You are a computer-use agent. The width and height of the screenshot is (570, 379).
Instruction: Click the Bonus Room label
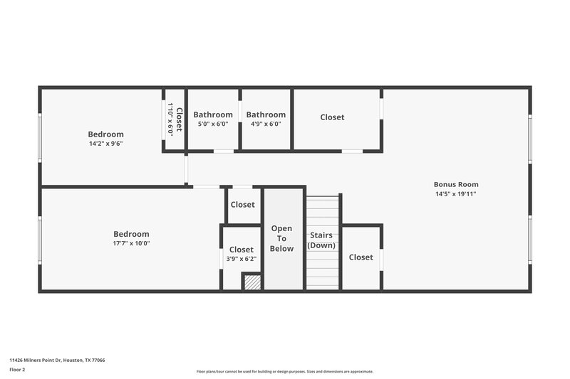point(456,184)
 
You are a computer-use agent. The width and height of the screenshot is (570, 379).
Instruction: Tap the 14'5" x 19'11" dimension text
point(456,193)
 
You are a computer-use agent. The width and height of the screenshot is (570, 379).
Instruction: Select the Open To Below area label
point(282,238)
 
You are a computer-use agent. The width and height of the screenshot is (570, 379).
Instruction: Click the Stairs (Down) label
point(321,240)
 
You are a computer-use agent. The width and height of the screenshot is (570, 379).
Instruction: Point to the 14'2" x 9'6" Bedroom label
point(105,134)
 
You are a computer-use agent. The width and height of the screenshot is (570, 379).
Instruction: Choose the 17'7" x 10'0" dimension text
point(131,243)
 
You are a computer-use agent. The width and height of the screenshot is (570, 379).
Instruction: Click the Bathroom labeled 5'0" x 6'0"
point(213,114)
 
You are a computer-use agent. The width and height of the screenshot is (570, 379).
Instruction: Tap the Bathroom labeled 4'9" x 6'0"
point(266,114)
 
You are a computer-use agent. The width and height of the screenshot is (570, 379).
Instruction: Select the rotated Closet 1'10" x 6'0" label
point(175,119)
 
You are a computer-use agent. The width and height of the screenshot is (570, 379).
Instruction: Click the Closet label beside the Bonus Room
point(332,117)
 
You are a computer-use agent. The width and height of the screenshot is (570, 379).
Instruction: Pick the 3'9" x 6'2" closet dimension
point(241,259)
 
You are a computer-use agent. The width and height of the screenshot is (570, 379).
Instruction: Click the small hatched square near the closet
point(252,282)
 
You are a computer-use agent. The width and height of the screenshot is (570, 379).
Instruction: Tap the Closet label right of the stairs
point(361,257)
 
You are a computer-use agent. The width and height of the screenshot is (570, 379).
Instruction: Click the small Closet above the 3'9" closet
point(242,205)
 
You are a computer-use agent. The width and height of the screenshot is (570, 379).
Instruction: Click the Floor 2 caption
point(17,370)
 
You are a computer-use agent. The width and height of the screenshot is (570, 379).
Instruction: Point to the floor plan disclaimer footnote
point(284,371)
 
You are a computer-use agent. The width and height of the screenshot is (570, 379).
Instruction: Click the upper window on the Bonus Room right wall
point(530,138)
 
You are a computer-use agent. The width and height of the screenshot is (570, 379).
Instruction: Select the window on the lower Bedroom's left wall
point(40,240)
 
